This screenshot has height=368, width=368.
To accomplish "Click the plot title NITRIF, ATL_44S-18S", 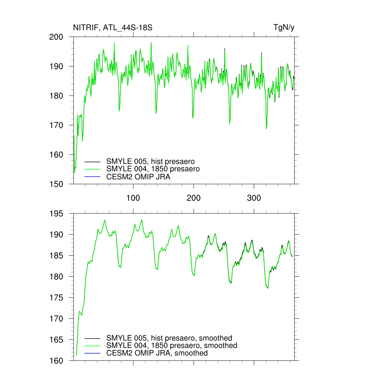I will tap(112, 28).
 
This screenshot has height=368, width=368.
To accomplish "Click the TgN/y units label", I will tap(284, 28).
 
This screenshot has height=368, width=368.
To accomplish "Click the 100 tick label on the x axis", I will tap(133, 198).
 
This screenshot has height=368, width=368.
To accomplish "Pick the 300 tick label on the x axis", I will tap(254, 198).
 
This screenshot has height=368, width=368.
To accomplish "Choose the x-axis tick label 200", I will tap(194, 198).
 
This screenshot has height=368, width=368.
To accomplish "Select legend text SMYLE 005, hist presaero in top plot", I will tap(151, 161).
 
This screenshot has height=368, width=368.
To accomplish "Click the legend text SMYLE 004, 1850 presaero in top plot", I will tap(153, 169).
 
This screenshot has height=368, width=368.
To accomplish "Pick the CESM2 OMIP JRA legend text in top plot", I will tap(138, 177).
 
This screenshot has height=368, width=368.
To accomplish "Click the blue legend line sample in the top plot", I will tap(92, 177).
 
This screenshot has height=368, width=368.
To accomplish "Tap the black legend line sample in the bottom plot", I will tap(92, 338).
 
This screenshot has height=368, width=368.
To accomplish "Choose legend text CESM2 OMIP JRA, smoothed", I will tap(157, 353).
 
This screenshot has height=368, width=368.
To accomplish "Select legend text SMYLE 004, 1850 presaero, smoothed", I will tap(172, 346).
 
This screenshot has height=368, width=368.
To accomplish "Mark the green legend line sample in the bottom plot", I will tap(92, 346).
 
